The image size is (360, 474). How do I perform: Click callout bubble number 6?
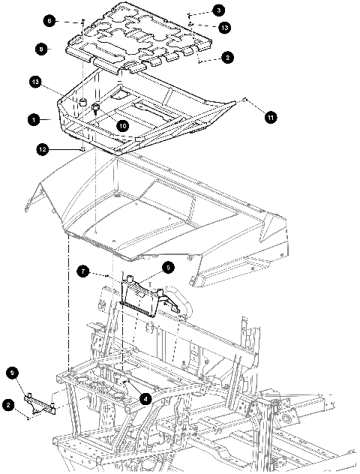click(x=49, y=21)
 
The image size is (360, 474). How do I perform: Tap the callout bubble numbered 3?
click(x=218, y=10)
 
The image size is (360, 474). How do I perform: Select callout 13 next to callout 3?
click(x=224, y=28)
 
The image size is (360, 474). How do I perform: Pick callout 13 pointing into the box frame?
click(x=36, y=82)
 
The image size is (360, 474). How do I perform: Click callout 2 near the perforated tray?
click(x=227, y=57)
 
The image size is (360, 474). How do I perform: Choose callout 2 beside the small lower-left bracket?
click(x=8, y=404)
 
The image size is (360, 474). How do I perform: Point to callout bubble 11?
click(x=271, y=117)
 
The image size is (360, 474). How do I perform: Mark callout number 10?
click(x=123, y=125)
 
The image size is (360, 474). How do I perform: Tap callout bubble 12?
click(x=43, y=149)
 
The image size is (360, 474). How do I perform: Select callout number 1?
click(x=34, y=120)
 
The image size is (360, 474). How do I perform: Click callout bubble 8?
click(x=41, y=49)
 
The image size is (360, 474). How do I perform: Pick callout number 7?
click(x=82, y=271)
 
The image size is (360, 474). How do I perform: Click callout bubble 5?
click(x=168, y=268)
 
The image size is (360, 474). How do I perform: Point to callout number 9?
click(x=12, y=373)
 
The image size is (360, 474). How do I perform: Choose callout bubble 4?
click(x=145, y=399)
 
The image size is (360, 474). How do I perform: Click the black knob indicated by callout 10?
click(x=95, y=107)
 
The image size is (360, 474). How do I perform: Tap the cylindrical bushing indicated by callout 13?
click(x=82, y=101)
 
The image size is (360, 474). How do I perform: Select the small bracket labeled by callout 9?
click(x=40, y=403)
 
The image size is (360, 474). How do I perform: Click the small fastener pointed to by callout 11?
click(x=245, y=100)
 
